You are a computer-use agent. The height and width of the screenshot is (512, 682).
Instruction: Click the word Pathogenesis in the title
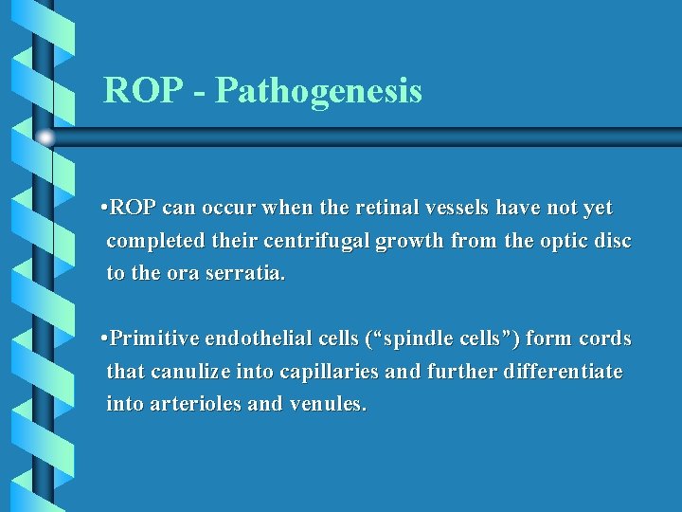[318, 92]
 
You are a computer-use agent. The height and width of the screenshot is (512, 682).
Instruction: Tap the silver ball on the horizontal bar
[45, 137]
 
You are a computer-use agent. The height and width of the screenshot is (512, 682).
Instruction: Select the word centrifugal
[319, 241]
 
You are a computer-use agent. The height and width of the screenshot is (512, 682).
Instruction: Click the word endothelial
[257, 339]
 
